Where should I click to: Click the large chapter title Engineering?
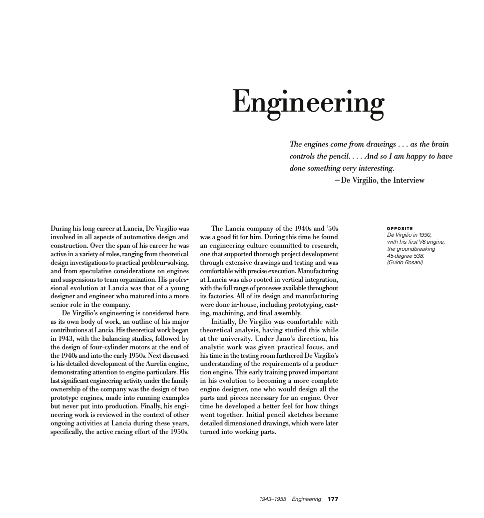(x=307, y=103)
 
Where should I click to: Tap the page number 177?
(x=333, y=499)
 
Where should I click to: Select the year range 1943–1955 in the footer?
(x=273, y=499)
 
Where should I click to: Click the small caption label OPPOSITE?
(x=400, y=229)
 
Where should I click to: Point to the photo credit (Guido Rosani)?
(x=405, y=263)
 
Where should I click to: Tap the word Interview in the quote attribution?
(x=407, y=181)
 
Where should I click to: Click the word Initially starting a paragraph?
(x=226, y=322)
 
